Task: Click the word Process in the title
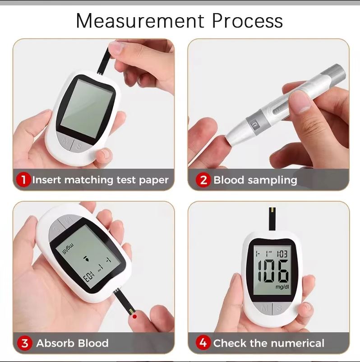[247, 21]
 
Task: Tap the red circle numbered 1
[23, 180]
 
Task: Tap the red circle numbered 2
[203, 180]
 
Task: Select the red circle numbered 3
[24, 343]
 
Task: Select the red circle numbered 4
[203, 343]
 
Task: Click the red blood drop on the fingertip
[135, 316]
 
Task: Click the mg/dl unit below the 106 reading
[282, 287]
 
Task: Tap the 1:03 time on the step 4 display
[282, 254]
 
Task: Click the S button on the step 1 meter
[79, 146]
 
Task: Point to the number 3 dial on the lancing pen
[254, 125]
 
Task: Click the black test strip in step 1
[103, 61]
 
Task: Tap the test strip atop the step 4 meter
[272, 219]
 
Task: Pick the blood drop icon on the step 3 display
[86, 259]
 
